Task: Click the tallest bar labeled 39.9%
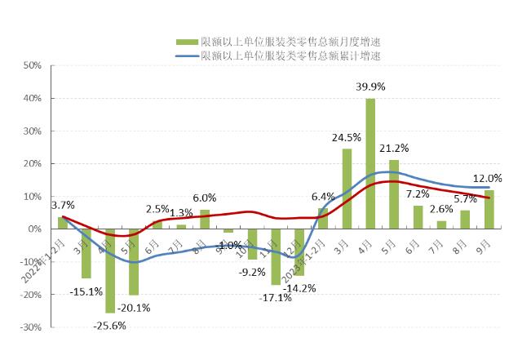[x=370, y=163]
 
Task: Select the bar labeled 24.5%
[x=347, y=189]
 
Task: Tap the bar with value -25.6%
[x=110, y=270]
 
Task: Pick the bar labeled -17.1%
[x=276, y=256]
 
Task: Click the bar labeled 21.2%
[x=394, y=194]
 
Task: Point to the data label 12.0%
[x=489, y=178]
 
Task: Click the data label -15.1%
[x=86, y=291]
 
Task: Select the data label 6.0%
[x=204, y=198]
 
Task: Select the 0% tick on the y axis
[x=34, y=229]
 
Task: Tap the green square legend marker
[x=187, y=42]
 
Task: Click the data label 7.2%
[x=418, y=194]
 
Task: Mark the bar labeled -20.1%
[x=134, y=261]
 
